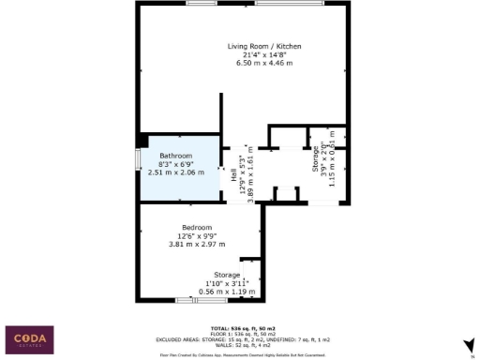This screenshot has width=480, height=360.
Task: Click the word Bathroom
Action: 175,155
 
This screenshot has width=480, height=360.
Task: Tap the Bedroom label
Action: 197,227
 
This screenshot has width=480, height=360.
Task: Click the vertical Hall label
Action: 233,174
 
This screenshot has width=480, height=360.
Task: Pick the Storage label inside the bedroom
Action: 228,275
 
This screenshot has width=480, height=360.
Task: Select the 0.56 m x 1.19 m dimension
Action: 228,292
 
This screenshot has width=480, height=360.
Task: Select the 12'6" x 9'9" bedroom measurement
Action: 197,236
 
